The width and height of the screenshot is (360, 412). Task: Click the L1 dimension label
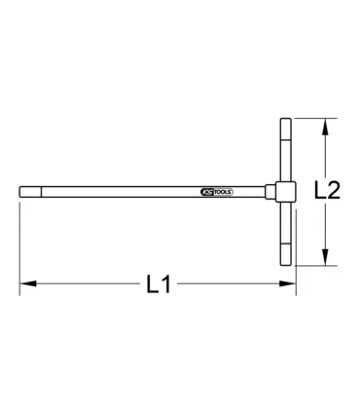pos(158,285)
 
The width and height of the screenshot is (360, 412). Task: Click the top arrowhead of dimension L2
pos(323,123)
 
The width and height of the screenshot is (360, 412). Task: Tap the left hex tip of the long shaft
pos(24,191)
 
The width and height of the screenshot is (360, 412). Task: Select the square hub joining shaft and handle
pos(287,191)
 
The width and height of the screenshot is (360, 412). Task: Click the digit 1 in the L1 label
pos(166,285)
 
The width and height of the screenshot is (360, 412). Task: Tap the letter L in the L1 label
pos(151,285)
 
